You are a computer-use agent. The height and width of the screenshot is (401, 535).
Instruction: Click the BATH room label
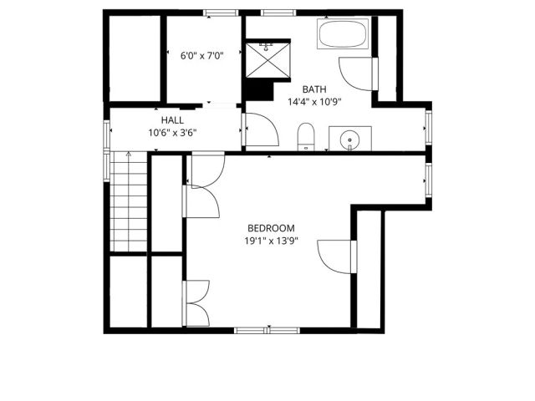pos(313,89)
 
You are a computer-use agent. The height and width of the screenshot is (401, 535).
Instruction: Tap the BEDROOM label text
pos(272,228)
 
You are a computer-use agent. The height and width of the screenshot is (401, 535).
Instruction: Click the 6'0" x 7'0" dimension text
pos(202,57)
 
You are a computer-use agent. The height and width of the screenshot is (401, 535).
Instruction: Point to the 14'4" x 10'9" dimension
pos(314,102)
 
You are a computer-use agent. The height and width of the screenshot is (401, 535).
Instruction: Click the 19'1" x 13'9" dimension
pos(272,241)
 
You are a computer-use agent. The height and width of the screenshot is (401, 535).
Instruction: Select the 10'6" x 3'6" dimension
pos(172,132)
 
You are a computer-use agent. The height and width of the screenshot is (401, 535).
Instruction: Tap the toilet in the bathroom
pos(306,136)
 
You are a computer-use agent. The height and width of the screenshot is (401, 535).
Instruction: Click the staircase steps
pos(130,205)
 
